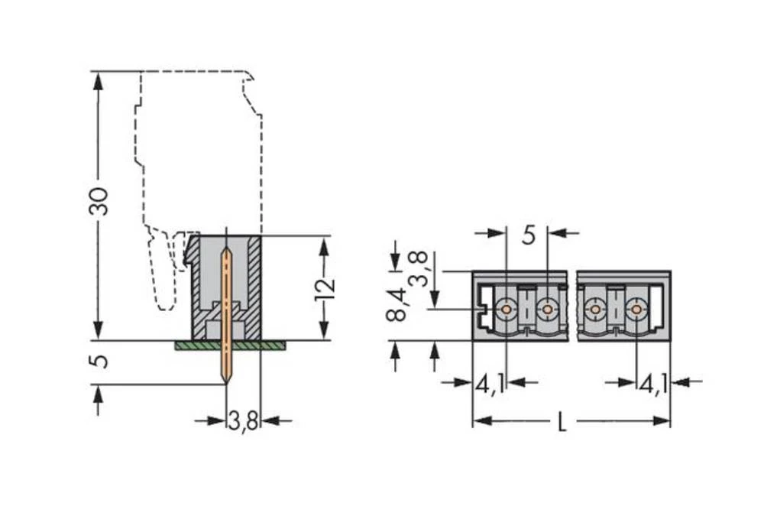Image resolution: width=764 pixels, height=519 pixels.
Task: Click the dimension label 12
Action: coord(325,288)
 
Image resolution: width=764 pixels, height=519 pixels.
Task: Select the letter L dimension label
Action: coord(562,422)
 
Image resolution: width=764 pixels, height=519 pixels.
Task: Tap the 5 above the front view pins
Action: coord(529,235)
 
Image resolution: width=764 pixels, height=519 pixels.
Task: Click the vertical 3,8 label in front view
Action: coord(417,268)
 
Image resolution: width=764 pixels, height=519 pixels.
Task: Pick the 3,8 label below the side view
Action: coord(243,421)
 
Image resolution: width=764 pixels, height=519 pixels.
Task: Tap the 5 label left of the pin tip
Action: coord(99,361)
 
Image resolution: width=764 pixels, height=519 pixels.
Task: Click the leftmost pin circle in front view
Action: coord(506,310)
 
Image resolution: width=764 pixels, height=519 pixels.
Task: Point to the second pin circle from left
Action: coord(547,310)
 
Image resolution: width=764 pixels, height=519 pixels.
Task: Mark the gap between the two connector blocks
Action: coord(572,306)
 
